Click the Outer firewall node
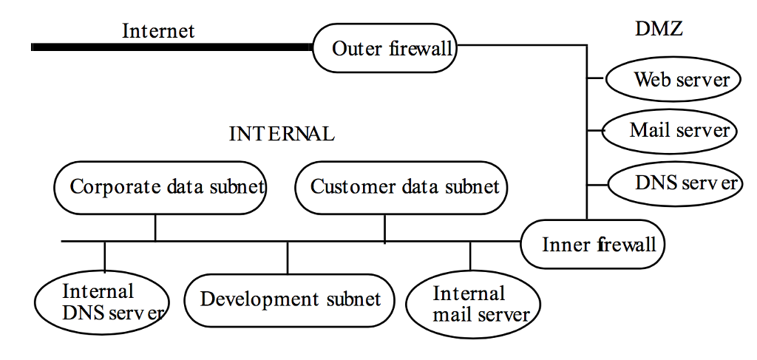(x=384, y=49)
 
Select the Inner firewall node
(x=594, y=244)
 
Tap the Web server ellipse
(x=673, y=80)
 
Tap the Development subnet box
(x=288, y=299)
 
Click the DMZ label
(x=659, y=29)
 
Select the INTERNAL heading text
(x=282, y=134)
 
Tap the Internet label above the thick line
(x=158, y=30)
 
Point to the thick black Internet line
(x=170, y=47)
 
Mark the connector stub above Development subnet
(x=288, y=257)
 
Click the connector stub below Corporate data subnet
(x=155, y=227)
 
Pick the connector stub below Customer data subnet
(x=384, y=228)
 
